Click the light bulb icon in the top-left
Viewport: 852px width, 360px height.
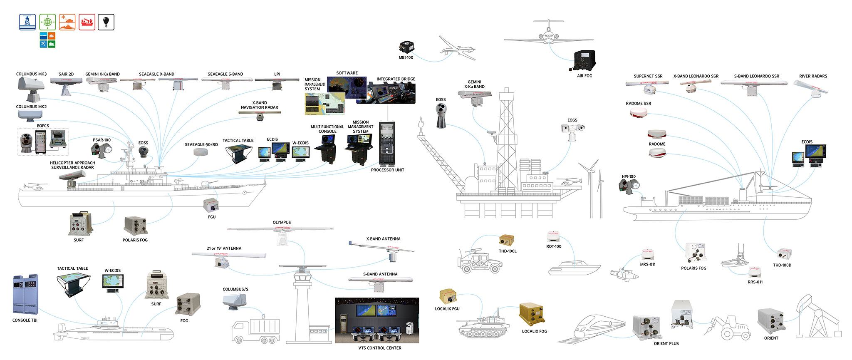click(106, 22)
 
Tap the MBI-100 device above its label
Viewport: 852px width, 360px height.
click(406, 47)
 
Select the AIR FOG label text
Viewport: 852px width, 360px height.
click(585, 76)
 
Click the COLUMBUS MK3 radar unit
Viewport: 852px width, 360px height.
click(30, 89)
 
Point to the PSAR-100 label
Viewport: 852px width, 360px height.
click(102, 140)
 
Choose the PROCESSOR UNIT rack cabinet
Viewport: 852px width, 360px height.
click(387, 144)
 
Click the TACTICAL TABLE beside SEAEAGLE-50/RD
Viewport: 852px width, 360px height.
click(238, 154)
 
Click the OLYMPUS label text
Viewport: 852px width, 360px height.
click(282, 223)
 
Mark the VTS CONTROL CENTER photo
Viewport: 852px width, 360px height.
click(377, 320)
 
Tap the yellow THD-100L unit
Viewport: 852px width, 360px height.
click(506, 241)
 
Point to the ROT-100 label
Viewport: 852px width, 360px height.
click(554, 247)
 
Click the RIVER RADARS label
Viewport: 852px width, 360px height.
click(813, 76)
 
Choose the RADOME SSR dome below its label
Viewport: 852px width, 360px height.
click(638, 113)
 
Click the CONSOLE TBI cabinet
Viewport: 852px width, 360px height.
click(25, 295)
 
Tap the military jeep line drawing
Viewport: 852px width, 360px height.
click(479, 261)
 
